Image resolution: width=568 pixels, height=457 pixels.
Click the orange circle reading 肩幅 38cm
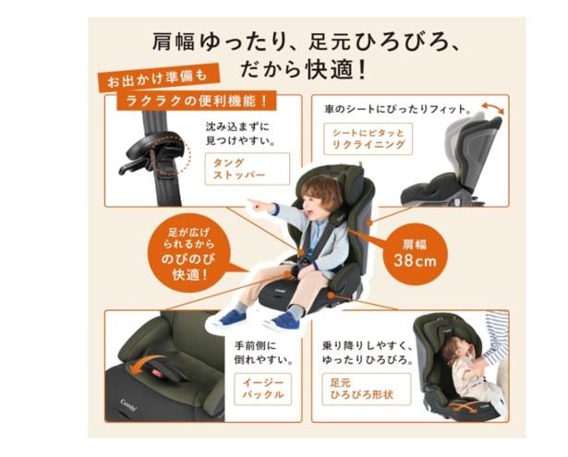[x=416, y=254]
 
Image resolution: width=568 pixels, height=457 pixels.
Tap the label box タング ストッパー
[x=248, y=169]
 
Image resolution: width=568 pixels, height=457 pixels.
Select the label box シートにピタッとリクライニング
[x=368, y=139]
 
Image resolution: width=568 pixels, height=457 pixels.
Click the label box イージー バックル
[x=262, y=389]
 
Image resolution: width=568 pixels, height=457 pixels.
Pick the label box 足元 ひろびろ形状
[x=367, y=389]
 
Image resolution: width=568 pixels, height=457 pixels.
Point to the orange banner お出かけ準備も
[x=158, y=79]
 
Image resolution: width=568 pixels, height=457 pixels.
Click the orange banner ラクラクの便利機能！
[x=197, y=101]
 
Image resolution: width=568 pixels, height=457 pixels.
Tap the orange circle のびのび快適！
[x=189, y=253]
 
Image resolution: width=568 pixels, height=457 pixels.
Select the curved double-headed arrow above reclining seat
[x=492, y=107]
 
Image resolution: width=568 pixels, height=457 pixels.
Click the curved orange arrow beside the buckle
[x=144, y=364]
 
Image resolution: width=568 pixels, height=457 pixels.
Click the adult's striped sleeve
[x=496, y=339]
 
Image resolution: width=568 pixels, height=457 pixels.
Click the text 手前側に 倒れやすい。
[x=263, y=353]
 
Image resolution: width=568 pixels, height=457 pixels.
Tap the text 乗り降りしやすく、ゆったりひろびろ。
[x=368, y=353]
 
